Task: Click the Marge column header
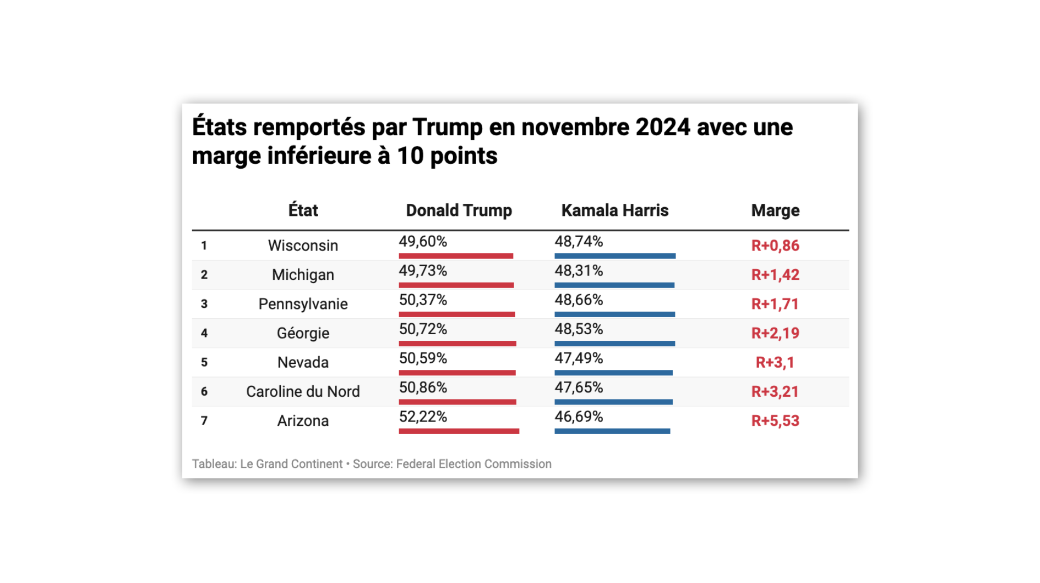pos(775,210)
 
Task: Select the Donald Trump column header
pos(459,210)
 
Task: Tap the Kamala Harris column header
pos(615,210)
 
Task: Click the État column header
pos(303,210)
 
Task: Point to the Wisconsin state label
pos(303,245)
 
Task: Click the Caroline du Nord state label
pos(303,391)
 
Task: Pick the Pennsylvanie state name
pos(303,304)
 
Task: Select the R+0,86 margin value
pos(775,245)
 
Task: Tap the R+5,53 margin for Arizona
pos(775,421)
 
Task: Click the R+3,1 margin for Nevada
pos(775,362)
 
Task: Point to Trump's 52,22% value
pos(423,417)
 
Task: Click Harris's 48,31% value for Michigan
pos(579,271)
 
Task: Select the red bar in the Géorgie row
pos(457,344)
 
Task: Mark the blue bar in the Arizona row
pos(612,431)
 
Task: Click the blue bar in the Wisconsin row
pos(615,256)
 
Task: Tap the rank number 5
pos(204,362)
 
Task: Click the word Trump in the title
pos(447,127)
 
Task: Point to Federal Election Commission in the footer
pos(473,464)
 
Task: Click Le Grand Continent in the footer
pos(291,464)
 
